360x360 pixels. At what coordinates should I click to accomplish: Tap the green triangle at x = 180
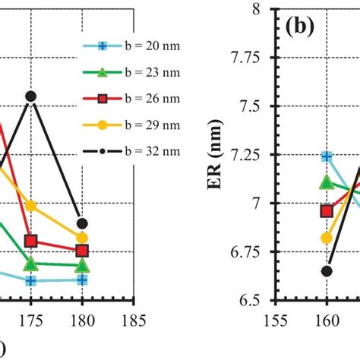click(x=83, y=266)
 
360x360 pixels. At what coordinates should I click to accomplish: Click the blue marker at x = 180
click(x=83, y=279)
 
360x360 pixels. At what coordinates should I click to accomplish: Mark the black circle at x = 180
click(x=83, y=223)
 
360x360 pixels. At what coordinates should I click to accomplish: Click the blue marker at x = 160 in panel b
click(x=327, y=156)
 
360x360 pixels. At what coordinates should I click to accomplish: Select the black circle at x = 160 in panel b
click(x=327, y=271)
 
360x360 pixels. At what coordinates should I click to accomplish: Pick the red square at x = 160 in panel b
click(x=327, y=211)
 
